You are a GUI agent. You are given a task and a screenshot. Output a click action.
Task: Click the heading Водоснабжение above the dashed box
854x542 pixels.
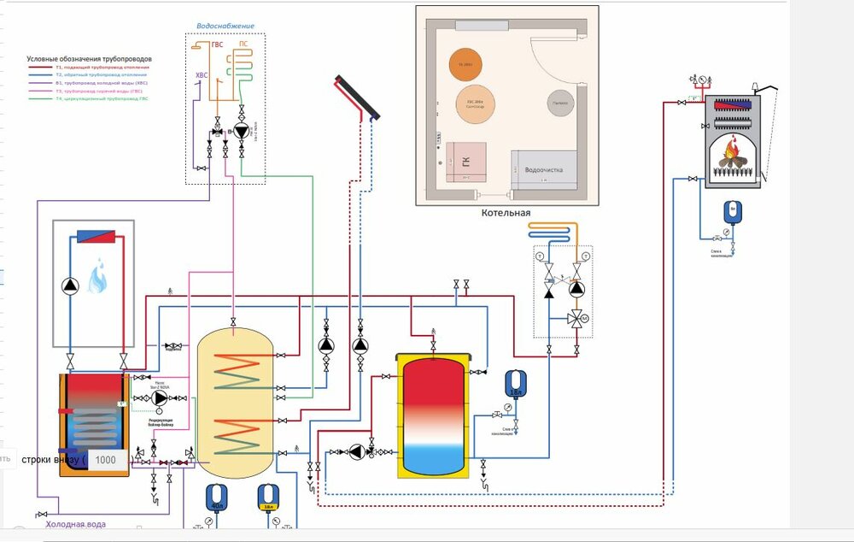(x=225, y=27)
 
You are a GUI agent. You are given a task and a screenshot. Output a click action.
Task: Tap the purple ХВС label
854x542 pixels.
(x=202, y=75)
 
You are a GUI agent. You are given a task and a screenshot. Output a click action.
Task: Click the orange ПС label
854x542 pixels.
(x=243, y=43)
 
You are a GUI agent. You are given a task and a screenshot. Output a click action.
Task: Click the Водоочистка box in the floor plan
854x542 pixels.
(x=543, y=169)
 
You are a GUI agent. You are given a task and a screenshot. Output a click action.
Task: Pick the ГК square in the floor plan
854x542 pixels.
(x=466, y=162)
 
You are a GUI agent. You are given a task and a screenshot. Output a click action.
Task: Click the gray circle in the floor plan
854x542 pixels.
(x=559, y=103)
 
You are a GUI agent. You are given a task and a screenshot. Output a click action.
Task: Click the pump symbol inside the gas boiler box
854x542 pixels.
(x=70, y=286)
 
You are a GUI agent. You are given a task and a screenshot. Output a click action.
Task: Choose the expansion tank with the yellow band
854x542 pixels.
(x=269, y=498)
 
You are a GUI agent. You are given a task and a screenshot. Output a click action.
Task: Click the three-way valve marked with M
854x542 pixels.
(x=577, y=319)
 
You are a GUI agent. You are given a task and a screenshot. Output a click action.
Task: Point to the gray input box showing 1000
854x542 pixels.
(x=106, y=459)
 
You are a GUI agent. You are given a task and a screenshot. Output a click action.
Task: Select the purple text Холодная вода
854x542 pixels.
(x=75, y=524)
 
